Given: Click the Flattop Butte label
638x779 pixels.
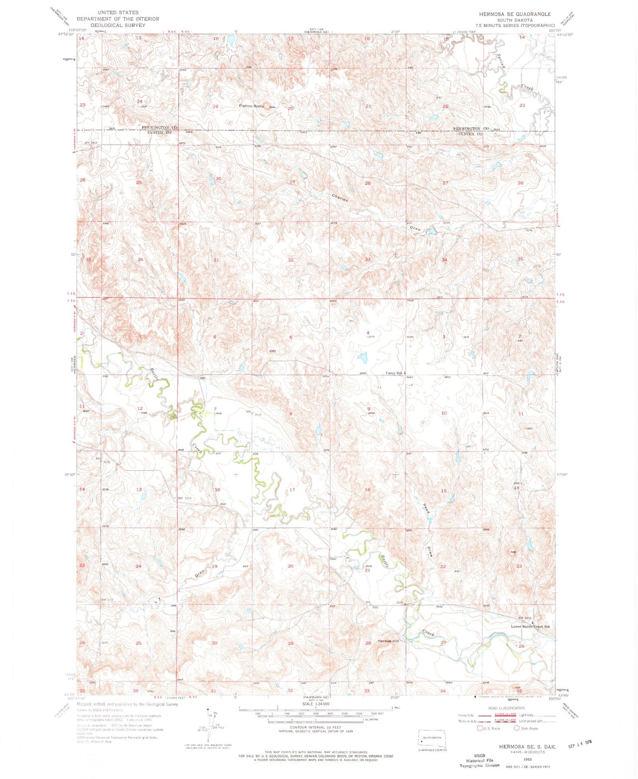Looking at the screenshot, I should (251, 106).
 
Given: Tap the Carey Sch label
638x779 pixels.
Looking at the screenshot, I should (394, 373).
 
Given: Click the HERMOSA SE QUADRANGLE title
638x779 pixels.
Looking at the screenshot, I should (515, 14).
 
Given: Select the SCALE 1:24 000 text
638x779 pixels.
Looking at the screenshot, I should (316, 704).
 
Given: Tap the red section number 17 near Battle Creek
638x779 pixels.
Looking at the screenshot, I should (292, 490).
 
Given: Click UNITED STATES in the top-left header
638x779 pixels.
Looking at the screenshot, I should (118, 12).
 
